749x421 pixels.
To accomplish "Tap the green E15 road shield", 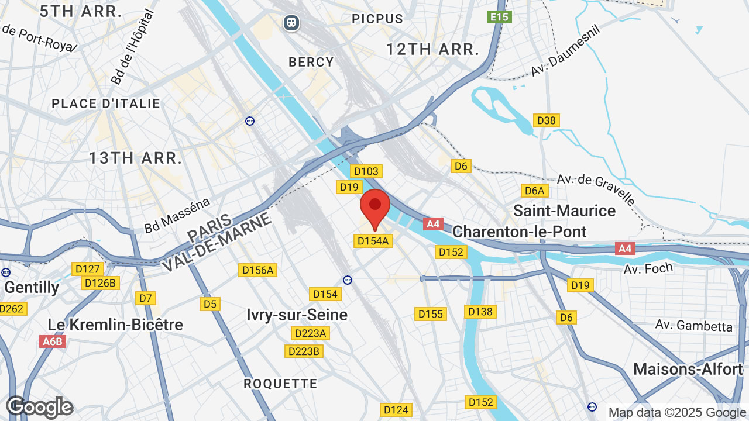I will [499, 17].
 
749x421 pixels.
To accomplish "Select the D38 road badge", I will [547, 120].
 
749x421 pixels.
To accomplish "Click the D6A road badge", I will [534, 191].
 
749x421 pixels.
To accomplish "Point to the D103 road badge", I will [366, 171].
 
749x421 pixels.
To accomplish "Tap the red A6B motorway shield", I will [53, 341].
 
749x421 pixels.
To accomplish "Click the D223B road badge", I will [304, 351].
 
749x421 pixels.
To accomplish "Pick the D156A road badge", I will [257, 270].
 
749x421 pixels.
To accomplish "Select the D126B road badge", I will [101, 283].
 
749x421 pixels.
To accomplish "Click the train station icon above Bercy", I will [291, 23].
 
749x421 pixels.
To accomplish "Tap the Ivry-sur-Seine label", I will [297, 315].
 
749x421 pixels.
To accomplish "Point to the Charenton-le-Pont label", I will [520, 232].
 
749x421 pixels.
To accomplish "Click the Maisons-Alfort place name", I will [688, 369].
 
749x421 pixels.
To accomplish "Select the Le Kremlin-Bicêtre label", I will [115, 325].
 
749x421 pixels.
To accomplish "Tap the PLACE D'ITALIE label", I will [106, 103].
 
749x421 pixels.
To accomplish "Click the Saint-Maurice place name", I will [564, 210].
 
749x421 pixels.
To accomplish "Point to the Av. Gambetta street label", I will [694, 325].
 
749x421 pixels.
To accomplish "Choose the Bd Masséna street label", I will [177, 216].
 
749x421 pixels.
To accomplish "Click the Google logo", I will [39, 407].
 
